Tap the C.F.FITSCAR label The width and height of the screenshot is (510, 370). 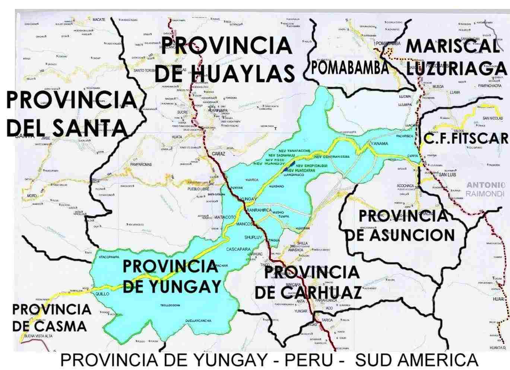466,138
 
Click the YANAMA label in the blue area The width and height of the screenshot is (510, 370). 380,144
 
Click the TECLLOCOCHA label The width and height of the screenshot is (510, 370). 170,305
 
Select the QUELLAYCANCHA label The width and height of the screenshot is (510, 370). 198,320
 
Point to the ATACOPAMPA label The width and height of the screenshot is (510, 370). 108,257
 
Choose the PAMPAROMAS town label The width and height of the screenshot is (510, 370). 141,164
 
